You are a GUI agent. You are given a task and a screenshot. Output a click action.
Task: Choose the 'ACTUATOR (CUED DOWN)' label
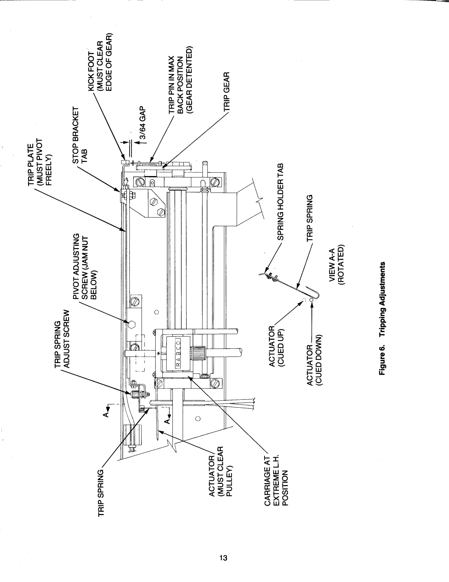313,364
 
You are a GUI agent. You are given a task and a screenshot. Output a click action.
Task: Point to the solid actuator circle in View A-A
311,300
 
